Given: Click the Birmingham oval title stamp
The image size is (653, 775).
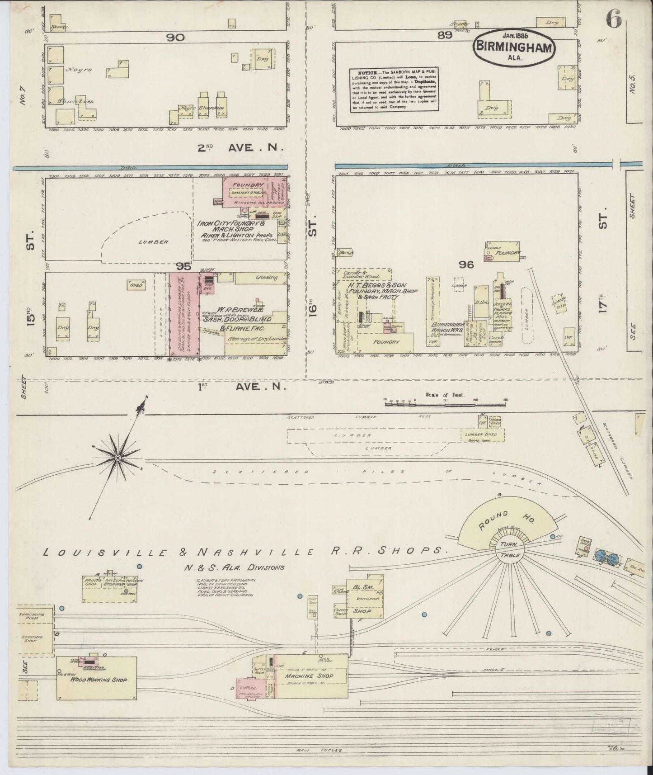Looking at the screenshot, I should pos(513,45).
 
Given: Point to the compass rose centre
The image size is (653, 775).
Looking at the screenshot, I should pos(117,458).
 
